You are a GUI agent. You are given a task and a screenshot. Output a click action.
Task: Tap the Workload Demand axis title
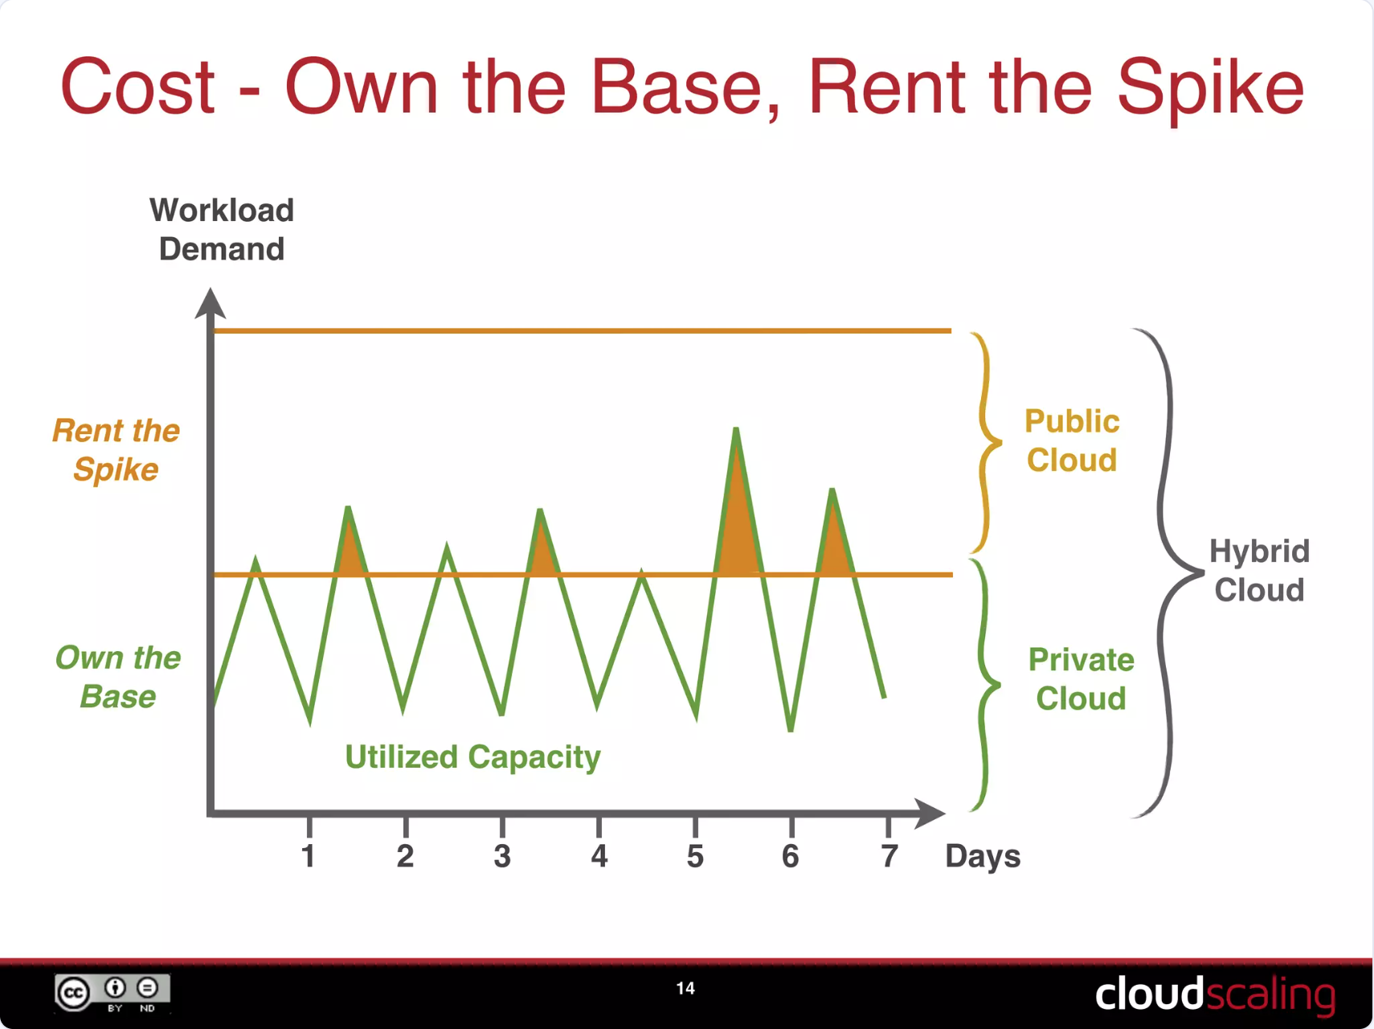coord(222,230)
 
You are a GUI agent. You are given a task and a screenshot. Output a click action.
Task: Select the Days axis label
coord(982,857)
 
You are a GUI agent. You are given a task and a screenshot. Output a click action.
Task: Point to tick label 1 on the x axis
coord(308,856)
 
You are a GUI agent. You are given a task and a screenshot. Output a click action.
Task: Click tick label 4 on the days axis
coord(599,856)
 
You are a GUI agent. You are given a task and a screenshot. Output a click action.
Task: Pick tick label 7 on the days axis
coord(888,856)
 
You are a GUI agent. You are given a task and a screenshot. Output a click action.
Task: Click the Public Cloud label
coord(1072,441)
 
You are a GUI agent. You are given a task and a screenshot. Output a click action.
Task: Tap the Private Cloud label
coord(1081,679)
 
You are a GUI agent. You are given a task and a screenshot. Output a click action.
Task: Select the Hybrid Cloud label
coord(1258,571)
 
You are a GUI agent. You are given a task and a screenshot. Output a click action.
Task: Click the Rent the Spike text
coord(117,450)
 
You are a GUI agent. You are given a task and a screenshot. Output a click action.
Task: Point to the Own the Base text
coord(118,677)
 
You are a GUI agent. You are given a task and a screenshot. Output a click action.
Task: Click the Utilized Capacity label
coord(472,757)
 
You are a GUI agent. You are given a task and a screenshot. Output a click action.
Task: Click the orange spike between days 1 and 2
coord(350,551)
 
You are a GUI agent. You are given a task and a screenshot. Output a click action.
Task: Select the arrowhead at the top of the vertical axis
coord(211,304)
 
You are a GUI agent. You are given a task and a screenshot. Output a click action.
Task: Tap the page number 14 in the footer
coord(685,988)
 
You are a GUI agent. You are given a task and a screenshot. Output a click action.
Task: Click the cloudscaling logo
coord(1214,994)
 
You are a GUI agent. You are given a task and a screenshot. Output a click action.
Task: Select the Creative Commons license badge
coord(112,993)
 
